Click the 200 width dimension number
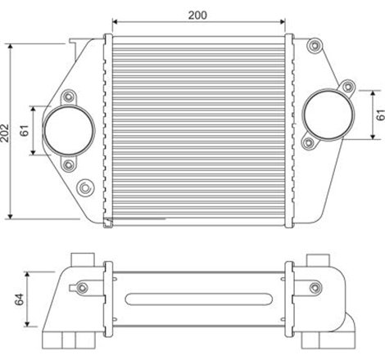pyautogui.click(x=197, y=15)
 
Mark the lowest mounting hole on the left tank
pyautogui.click(x=82, y=189)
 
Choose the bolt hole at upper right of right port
pyautogui.click(x=346, y=85)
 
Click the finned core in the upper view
pyautogui.click(x=197, y=127)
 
